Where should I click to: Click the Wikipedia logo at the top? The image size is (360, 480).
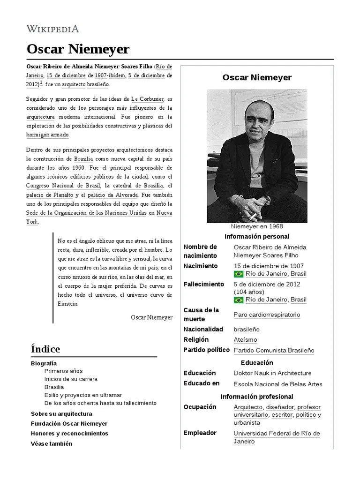pos(52,29)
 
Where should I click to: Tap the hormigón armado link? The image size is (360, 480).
pos(47,135)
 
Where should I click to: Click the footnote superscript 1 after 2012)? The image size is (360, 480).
pos(41,83)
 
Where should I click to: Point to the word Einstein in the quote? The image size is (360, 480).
pos(68,303)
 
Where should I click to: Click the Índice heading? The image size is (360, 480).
pos(45,349)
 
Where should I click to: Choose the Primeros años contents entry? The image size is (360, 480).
pos(63,371)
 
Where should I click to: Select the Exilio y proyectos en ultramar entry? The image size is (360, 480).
pos(83,395)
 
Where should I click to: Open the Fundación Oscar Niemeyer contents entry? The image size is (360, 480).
pos(69,424)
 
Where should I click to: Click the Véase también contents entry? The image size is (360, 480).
pos(51,443)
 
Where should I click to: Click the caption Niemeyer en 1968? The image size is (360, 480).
pos(257,227)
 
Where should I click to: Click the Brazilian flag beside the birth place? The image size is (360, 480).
pos(238,274)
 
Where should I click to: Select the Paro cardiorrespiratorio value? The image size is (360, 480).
pos(267,315)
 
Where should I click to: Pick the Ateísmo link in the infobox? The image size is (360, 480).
pos(245,340)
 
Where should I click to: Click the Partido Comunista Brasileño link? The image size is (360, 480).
pos(274,351)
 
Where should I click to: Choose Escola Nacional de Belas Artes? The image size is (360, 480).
pos(278,384)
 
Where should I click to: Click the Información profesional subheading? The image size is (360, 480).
pos(257,397)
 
